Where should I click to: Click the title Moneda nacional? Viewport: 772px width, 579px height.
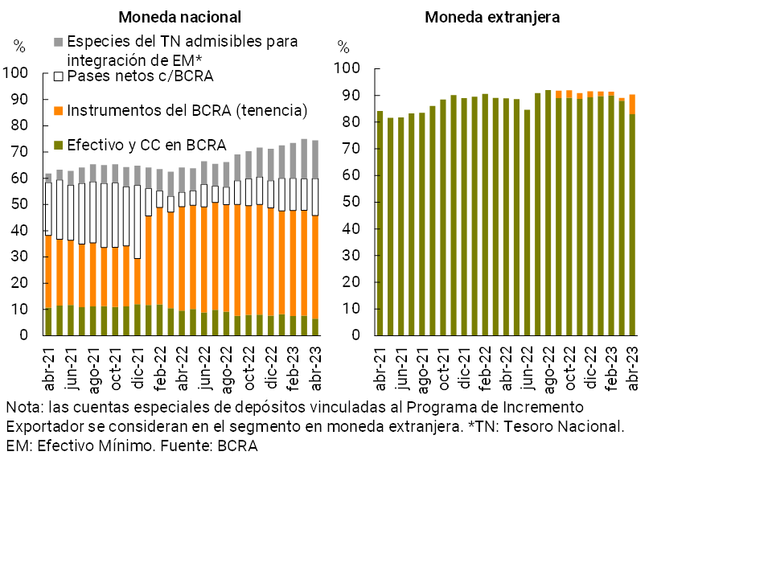(179, 17)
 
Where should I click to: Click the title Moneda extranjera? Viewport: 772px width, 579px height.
(493, 17)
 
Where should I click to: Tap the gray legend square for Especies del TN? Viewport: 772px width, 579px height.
(57, 41)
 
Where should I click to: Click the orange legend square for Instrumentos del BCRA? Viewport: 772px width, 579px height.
(57, 110)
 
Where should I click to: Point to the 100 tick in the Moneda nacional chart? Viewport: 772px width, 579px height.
(16, 73)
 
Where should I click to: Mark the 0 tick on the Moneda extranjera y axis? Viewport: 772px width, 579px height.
(355, 335)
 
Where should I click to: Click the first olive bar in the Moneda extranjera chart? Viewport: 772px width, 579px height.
(380, 225)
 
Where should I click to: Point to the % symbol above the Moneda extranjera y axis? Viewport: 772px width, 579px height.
(343, 47)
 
